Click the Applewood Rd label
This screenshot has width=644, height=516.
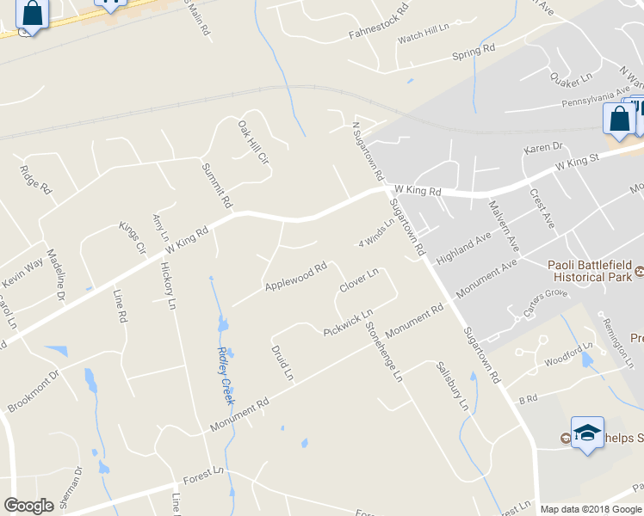(295, 276)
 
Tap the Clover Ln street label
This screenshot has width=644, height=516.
(359, 280)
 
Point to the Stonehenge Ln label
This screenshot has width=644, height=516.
(384, 351)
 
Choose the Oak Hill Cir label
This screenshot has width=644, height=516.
(254, 142)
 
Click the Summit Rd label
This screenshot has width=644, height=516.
(217, 185)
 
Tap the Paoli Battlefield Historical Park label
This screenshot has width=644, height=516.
(591, 273)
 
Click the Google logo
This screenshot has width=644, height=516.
(29, 506)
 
